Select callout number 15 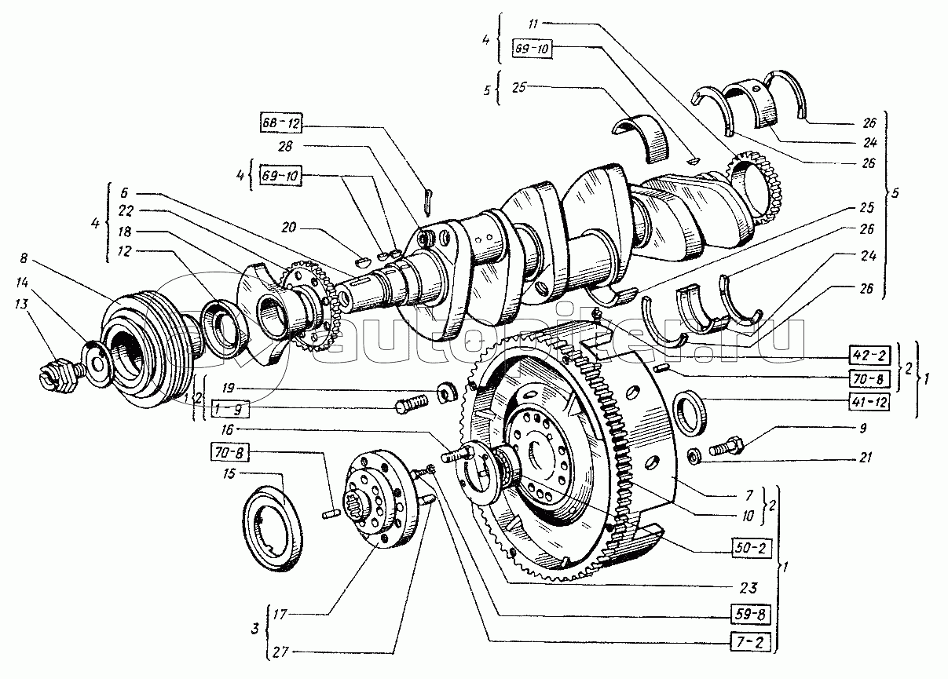tap(227, 473)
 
